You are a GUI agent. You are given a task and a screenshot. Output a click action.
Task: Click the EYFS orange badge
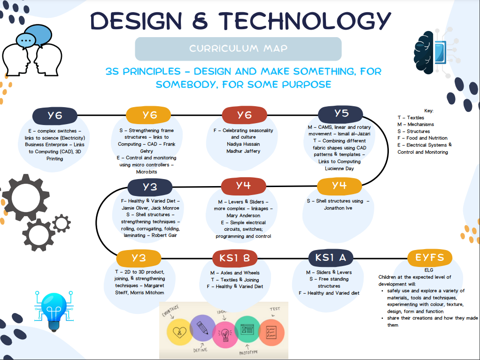coord(429,258)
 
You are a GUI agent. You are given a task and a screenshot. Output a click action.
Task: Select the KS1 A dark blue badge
coord(331,258)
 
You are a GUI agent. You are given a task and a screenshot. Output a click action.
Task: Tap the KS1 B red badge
coord(235,258)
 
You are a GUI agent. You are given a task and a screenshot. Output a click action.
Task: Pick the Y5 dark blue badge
coord(341,114)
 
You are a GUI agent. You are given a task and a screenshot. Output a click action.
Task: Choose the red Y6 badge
coord(244,115)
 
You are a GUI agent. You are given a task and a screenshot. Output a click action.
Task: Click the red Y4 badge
coord(243,186)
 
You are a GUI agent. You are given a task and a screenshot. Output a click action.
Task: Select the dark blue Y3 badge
coord(150,187)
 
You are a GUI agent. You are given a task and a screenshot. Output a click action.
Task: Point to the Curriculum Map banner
coord(238,49)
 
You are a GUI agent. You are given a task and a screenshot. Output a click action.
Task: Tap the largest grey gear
coord(26,197)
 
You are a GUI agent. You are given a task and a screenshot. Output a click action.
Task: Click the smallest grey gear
coord(62,224)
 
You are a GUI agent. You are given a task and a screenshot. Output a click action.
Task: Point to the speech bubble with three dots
coord(26,40)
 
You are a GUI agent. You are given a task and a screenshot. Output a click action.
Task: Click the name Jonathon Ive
coord(338,208)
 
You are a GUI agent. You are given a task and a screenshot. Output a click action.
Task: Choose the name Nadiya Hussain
coord(243,144)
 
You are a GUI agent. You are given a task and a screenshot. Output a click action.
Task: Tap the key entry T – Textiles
coord(411,117)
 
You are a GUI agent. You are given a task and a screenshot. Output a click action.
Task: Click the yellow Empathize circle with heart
coord(180,332)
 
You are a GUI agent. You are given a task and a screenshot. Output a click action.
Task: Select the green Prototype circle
coord(247,329)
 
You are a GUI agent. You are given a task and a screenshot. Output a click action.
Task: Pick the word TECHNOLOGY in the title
coord(305,21)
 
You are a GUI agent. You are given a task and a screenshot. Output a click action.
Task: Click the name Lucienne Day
coord(339,169)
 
